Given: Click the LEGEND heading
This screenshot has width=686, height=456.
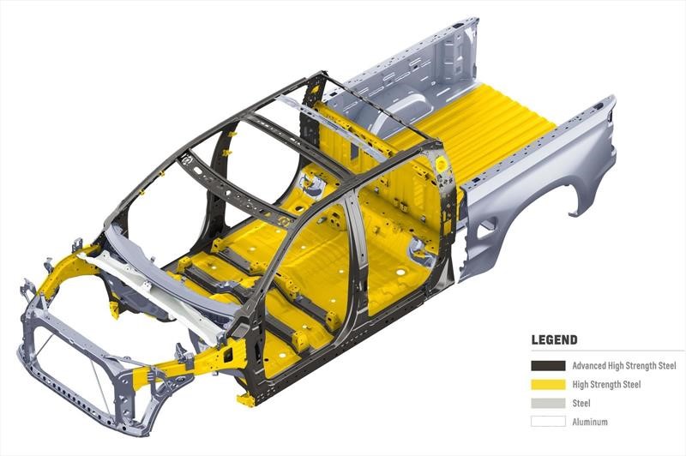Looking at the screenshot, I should (x=554, y=339).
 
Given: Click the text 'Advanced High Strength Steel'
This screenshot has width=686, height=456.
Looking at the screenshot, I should (x=624, y=366).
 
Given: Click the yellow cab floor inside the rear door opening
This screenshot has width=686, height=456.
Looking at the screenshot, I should (x=394, y=257).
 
